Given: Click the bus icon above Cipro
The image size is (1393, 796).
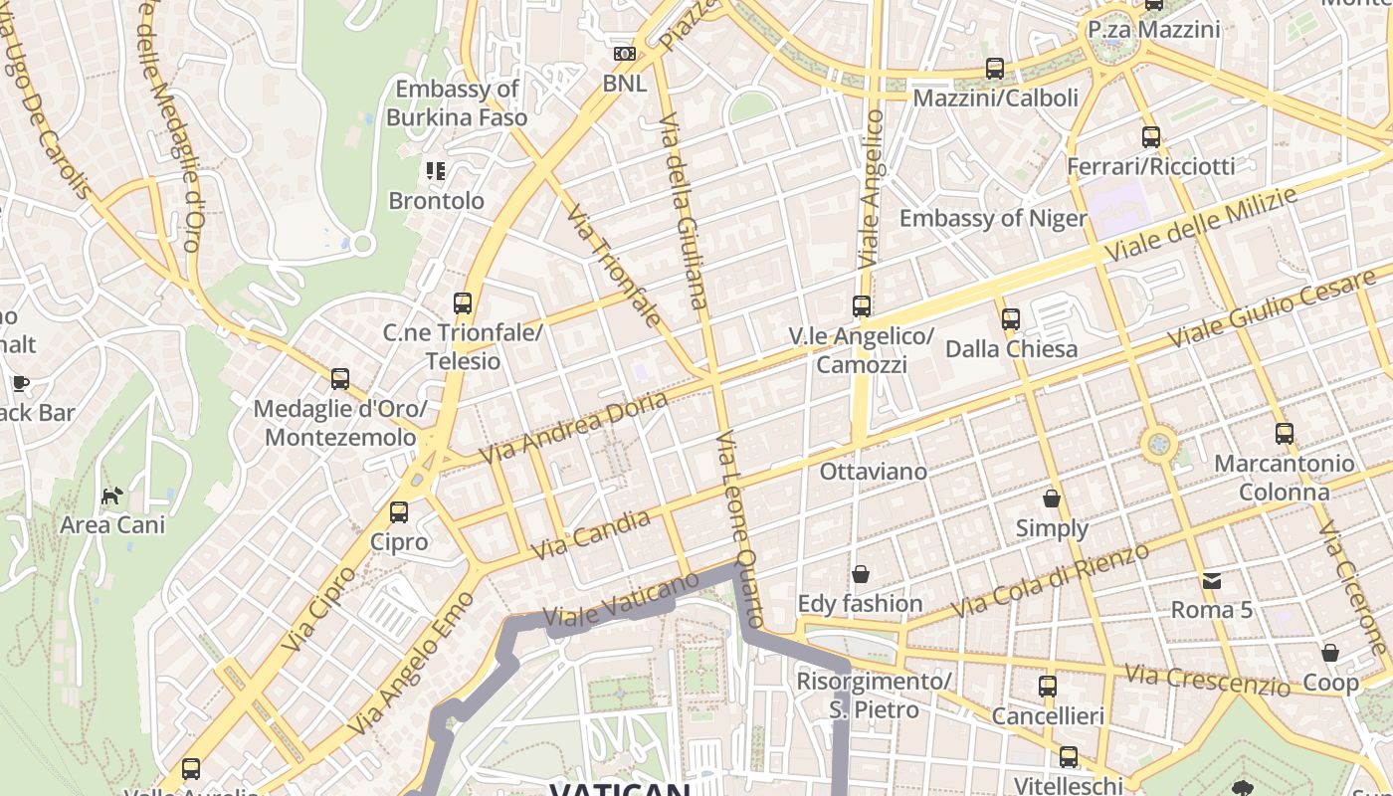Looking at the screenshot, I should [399, 512].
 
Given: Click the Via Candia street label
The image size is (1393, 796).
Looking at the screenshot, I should [591, 534].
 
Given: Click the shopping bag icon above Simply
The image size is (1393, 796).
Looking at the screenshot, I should [1052, 497].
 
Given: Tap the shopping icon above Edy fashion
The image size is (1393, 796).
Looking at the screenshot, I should [861, 574].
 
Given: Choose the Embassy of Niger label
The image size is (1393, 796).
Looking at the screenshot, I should [992, 218].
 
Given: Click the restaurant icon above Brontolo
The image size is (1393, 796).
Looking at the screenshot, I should [435, 171].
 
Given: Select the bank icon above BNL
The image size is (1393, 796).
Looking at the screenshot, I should [625, 54].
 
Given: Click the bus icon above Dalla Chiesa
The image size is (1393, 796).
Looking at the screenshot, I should [1011, 319].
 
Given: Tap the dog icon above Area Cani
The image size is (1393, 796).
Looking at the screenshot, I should [112, 495].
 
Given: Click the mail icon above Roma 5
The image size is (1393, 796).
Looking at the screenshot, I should [1211, 580].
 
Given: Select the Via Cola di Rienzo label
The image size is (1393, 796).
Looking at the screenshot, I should [1052, 579].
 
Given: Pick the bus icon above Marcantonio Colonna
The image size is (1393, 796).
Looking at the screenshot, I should [1285, 434].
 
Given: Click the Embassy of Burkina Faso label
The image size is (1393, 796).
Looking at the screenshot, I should [457, 102].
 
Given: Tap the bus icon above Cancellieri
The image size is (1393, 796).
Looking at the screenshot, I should [1048, 686].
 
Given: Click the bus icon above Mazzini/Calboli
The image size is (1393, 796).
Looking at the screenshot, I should [995, 69].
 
